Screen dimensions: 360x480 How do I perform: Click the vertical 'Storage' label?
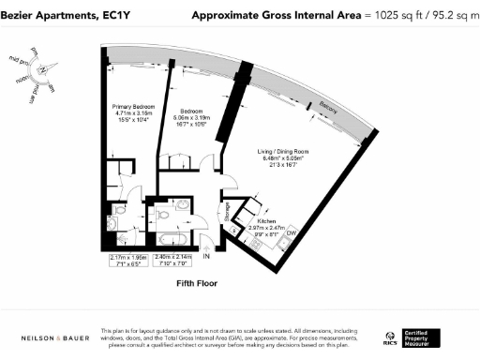227,214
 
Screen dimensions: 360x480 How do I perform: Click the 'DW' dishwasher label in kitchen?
291,232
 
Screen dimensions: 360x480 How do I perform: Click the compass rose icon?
45,71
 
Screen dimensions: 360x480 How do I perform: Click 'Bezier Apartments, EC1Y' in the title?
52,15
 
